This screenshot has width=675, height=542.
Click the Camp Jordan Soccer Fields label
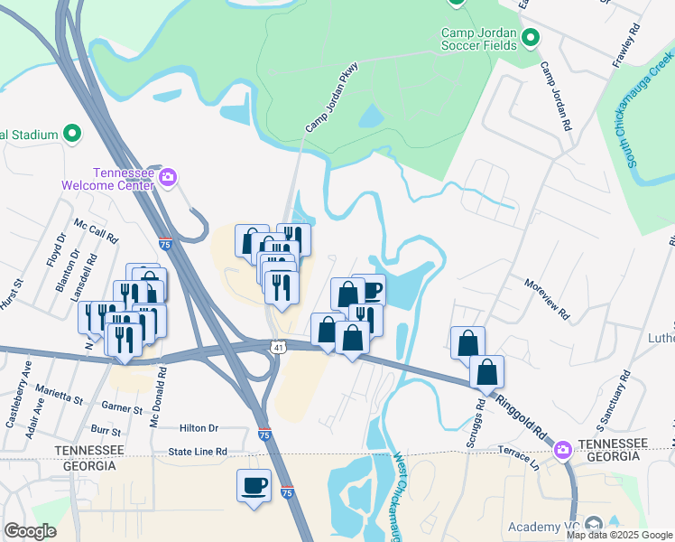tap(478, 39)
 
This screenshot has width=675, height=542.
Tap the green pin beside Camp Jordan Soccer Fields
tap(531, 38)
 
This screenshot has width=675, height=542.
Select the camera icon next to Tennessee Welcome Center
tap(167, 178)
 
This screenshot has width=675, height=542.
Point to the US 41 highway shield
tap(277, 347)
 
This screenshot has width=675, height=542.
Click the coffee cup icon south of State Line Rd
tap(254, 486)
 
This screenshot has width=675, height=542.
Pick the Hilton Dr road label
tap(199, 428)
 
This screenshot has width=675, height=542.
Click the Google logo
tap(31, 531)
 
